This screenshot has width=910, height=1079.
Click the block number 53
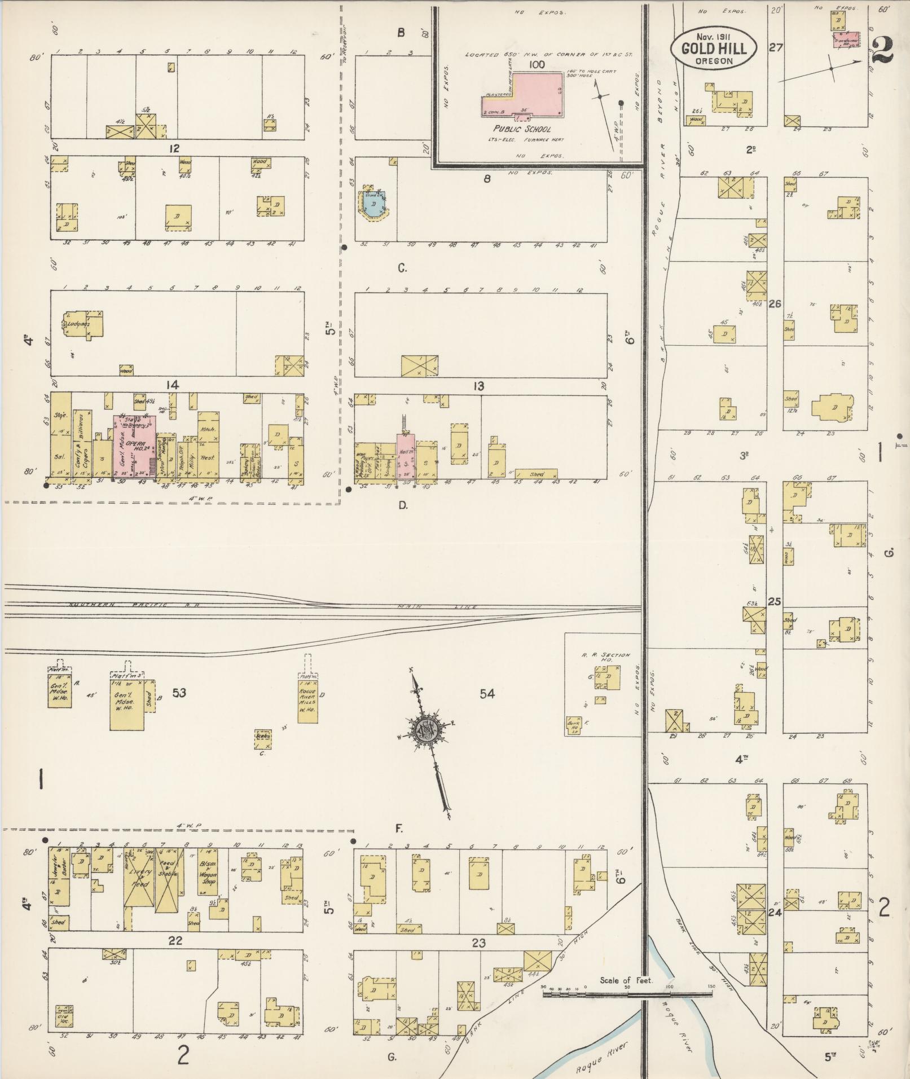click(179, 693)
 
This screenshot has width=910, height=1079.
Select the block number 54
click(487, 694)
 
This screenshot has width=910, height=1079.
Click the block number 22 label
click(175, 941)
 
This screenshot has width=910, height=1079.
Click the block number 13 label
click(478, 386)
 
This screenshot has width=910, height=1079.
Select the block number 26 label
click(775, 304)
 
